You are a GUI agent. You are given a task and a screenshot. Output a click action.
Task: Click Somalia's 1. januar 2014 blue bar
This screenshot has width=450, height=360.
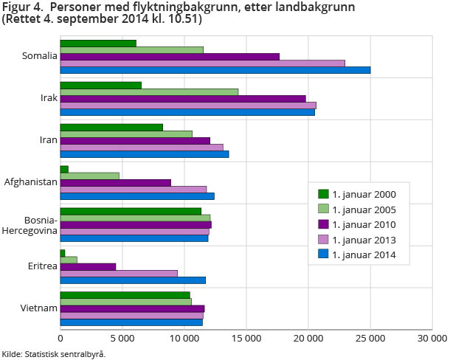(x=215, y=70)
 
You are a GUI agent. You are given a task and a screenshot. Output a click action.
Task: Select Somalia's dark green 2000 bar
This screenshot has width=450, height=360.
(x=98, y=43)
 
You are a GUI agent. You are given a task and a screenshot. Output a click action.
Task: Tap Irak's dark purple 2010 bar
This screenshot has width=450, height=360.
(x=183, y=98)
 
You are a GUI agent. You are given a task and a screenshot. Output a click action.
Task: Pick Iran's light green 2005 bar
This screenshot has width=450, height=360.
(x=126, y=134)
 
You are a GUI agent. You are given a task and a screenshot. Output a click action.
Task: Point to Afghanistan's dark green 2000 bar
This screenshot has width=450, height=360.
(x=64, y=169)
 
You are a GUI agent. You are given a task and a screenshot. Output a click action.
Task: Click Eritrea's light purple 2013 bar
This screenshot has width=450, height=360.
(x=119, y=273)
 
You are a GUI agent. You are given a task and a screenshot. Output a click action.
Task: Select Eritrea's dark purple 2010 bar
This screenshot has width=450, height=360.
(x=88, y=266)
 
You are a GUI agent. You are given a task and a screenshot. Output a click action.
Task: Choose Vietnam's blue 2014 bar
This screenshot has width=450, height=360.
(x=131, y=322)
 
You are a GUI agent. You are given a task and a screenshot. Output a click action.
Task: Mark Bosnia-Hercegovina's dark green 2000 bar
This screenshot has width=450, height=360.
(x=131, y=211)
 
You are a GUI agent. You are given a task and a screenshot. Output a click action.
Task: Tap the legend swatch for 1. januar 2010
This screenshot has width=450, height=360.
(x=323, y=224)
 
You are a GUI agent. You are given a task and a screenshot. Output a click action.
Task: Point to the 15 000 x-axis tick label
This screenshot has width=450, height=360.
(x=246, y=338)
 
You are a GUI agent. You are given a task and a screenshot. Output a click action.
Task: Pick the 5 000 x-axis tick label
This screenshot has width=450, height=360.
(x=122, y=338)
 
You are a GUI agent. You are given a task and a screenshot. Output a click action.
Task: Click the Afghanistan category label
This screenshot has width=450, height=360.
(x=31, y=181)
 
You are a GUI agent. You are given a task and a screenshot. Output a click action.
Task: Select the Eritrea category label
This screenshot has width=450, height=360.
(x=41, y=266)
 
